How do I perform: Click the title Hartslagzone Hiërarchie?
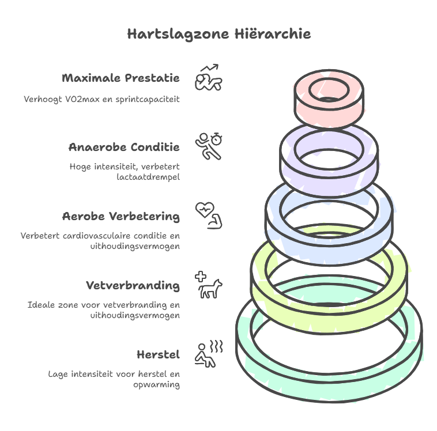tap(218, 34)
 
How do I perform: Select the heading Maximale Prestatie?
tap(120, 78)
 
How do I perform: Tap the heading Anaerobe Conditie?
tap(124, 147)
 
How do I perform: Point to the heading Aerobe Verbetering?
tap(120, 217)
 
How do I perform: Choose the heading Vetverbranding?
tap(133, 286)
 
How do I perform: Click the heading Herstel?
tap(158, 354)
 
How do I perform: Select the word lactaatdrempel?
tap(148, 177)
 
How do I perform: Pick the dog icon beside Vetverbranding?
tap(210, 288)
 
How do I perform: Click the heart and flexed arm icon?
tap(209, 215)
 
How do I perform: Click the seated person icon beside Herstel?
tap(205, 356)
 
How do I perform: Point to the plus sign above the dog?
tap(201, 275)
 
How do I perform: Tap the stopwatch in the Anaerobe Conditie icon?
tap(217, 139)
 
